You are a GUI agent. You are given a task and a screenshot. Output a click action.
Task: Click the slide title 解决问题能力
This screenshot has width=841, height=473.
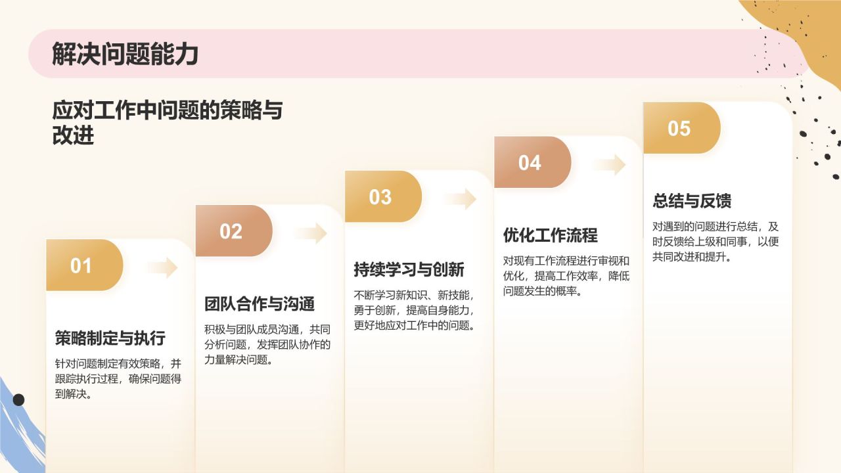tap(125, 55)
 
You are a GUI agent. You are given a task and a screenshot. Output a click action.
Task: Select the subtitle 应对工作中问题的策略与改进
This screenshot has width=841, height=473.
tap(167, 122)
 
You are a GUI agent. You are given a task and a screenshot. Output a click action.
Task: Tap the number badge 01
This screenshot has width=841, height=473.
tap(82, 265)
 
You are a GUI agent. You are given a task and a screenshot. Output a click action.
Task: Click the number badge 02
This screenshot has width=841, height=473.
tap(231, 231)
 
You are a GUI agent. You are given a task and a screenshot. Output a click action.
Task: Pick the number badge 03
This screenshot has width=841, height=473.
tap(380, 197)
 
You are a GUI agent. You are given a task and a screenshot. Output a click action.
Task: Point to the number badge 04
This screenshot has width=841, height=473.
tap(530, 163)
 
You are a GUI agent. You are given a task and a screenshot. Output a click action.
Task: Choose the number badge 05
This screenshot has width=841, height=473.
tap(679, 128)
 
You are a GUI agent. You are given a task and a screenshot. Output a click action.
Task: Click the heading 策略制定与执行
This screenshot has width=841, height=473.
tap(110, 338)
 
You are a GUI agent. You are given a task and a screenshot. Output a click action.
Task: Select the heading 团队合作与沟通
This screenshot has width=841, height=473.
tap(260, 304)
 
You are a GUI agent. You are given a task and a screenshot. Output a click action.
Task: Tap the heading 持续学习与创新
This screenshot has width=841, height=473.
tap(409, 269)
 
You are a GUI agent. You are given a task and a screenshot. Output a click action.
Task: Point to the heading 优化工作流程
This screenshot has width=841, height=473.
tap(550, 235)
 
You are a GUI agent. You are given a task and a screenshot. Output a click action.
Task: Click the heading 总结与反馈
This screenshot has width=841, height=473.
tap(692, 200)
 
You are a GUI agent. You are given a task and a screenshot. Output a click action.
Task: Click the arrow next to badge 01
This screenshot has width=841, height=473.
tap(162, 267)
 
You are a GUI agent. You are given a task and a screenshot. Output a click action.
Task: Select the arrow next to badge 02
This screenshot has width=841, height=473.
tap(311, 233)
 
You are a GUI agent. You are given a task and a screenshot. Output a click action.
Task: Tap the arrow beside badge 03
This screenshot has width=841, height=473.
tap(461, 198)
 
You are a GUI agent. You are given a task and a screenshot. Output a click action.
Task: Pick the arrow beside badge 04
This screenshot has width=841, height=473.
tap(610, 164)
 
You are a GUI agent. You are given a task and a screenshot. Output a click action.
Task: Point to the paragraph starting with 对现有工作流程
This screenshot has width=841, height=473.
tap(566, 276)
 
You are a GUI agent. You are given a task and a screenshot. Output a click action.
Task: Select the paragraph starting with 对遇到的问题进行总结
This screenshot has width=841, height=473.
tap(716, 242)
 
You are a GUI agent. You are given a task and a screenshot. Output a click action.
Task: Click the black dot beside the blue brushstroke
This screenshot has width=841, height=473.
tap(18, 399)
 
